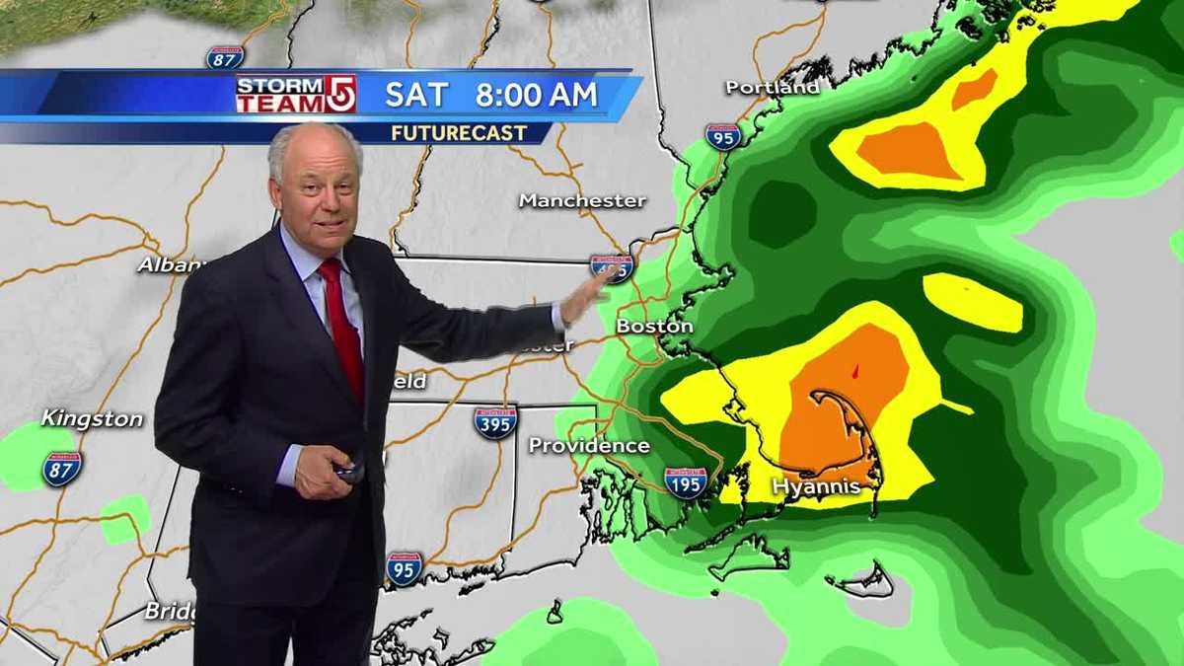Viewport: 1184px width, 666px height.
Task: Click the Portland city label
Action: pyautogui.click(x=773, y=87)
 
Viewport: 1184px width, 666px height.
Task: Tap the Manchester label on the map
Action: pyautogui.click(x=582, y=200)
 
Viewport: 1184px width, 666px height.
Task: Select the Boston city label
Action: pyautogui.click(x=654, y=326)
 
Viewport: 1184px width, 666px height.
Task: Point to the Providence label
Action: pyautogui.click(x=589, y=445)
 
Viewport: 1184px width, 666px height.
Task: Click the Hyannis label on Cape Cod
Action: pyautogui.click(x=816, y=486)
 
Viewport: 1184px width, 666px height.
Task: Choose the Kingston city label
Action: pyautogui.click(x=92, y=419)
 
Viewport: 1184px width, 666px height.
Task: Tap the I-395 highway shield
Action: pyautogui.click(x=495, y=422)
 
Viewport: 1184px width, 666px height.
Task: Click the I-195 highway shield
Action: pyautogui.click(x=685, y=481)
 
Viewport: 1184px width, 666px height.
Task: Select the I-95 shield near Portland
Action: pyautogui.click(x=723, y=136)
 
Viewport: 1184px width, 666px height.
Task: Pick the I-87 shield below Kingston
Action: pyautogui.click(x=61, y=469)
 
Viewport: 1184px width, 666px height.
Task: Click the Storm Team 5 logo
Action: pyautogui.click(x=295, y=95)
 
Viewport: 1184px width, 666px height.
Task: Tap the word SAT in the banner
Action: pyautogui.click(x=416, y=95)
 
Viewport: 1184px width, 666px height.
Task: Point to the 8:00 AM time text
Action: pyautogui.click(x=536, y=95)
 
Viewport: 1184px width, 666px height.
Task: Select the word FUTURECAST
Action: pyautogui.click(x=459, y=132)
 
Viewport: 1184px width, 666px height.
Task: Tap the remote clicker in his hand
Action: pyautogui.click(x=349, y=472)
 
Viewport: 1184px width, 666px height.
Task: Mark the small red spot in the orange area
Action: pyautogui.click(x=854, y=372)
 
